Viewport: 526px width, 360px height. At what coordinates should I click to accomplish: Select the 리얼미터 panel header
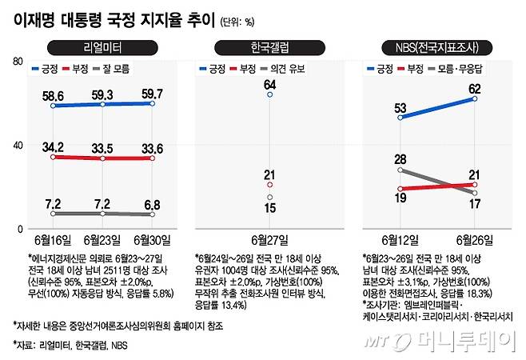coord(99,46)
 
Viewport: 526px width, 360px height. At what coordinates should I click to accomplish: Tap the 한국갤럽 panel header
coord(269,46)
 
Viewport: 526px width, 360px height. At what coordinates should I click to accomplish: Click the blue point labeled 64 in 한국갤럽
coord(270,94)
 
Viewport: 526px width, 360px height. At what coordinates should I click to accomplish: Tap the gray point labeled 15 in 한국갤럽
coord(270,197)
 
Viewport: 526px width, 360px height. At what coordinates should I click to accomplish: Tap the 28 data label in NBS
coord(400,160)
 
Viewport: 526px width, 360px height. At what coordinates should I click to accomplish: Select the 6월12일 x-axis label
coord(400,239)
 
